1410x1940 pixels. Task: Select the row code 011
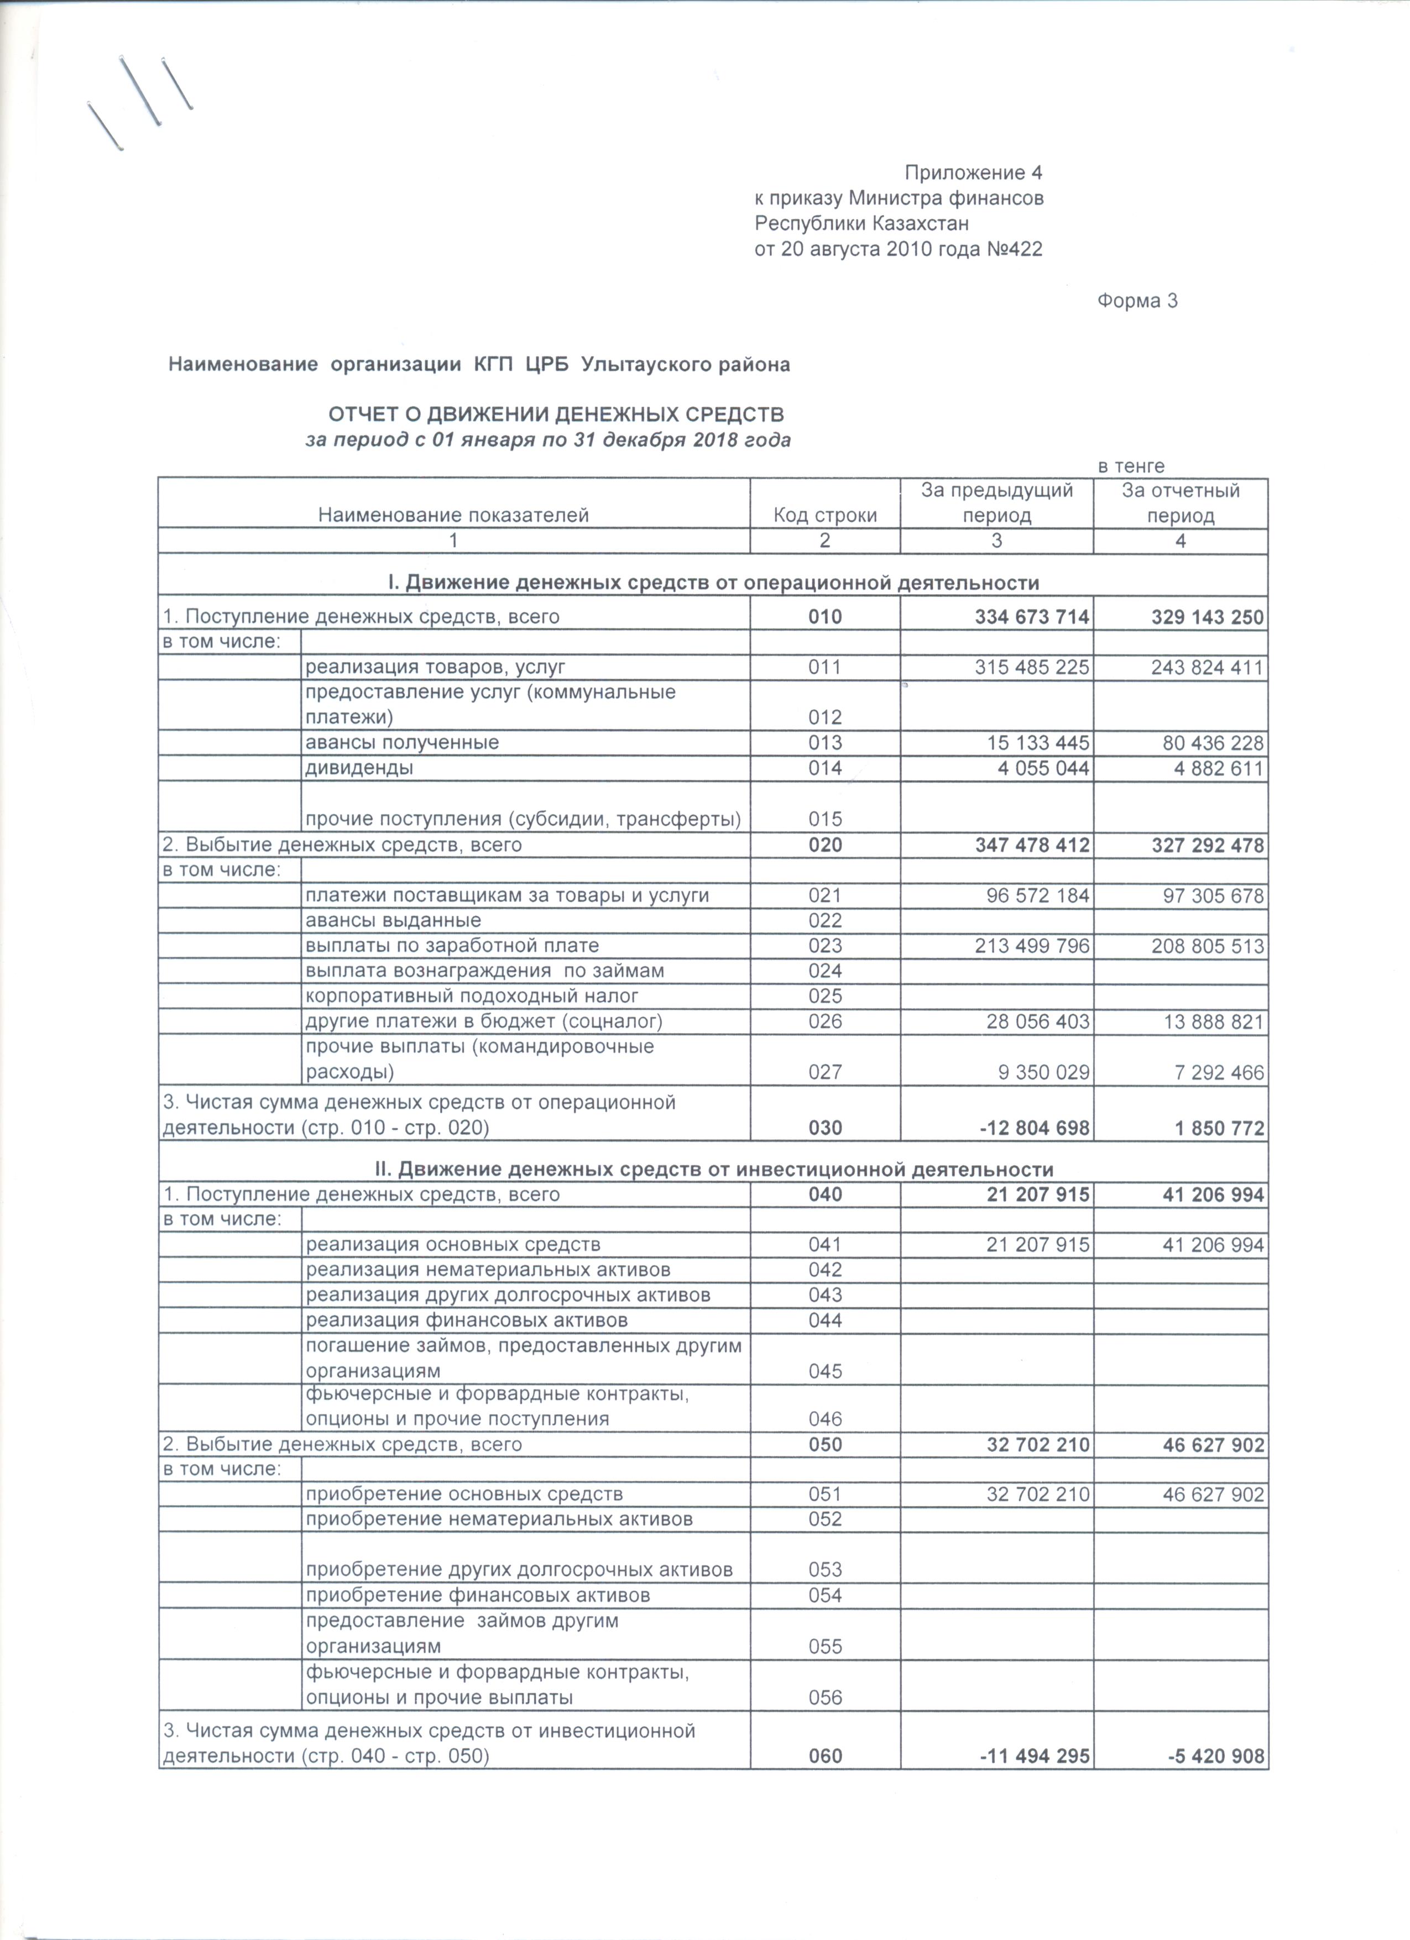coord(825,667)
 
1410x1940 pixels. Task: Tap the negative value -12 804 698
coord(1035,1128)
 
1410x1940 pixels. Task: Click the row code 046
coord(825,1419)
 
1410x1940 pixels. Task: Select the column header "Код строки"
coord(825,515)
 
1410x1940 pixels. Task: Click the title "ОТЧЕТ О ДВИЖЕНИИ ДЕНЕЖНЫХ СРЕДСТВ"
coord(556,415)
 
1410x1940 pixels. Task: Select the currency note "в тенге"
coord(1131,466)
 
